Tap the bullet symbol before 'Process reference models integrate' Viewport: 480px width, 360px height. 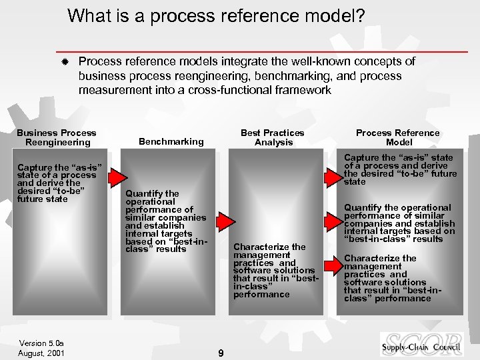pyautogui.click(x=64, y=62)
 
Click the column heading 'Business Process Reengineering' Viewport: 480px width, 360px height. pyautogui.click(x=57, y=137)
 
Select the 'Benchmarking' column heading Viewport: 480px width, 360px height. pyautogui.click(x=171, y=141)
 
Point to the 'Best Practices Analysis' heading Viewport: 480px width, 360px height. pyautogui.click(x=273, y=137)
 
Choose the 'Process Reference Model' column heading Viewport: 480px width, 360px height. pyautogui.click(x=398, y=137)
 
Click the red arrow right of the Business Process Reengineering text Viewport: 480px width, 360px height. pyautogui.click(x=118, y=177)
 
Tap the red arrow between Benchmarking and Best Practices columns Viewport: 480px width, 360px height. pyautogui.click(x=225, y=221)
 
